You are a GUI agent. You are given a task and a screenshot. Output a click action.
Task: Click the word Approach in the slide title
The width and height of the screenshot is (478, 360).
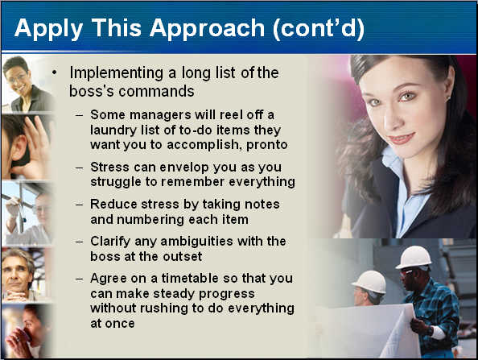click(x=207, y=29)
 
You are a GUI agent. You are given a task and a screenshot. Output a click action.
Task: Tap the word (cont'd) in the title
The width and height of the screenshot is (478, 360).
click(x=318, y=28)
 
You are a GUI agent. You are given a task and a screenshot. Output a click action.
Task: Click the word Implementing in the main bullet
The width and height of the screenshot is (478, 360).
click(x=117, y=74)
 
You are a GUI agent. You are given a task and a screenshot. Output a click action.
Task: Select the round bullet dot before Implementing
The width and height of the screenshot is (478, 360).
click(x=54, y=72)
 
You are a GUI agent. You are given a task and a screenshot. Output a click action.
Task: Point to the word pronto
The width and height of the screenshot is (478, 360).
click(x=266, y=145)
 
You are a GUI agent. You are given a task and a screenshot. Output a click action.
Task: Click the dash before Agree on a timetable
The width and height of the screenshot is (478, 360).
click(x=79, y=279)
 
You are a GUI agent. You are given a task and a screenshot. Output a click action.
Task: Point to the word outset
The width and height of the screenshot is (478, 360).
click(x=183, y=257)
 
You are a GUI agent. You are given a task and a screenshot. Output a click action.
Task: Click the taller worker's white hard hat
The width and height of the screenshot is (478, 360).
click(x=414, y=257)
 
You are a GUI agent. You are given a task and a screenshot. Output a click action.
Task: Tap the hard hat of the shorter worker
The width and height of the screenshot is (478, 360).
click(x=369, y=282)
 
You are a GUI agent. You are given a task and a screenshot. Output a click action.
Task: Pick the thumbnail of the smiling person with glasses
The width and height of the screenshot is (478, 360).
click(x=28, y=84)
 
